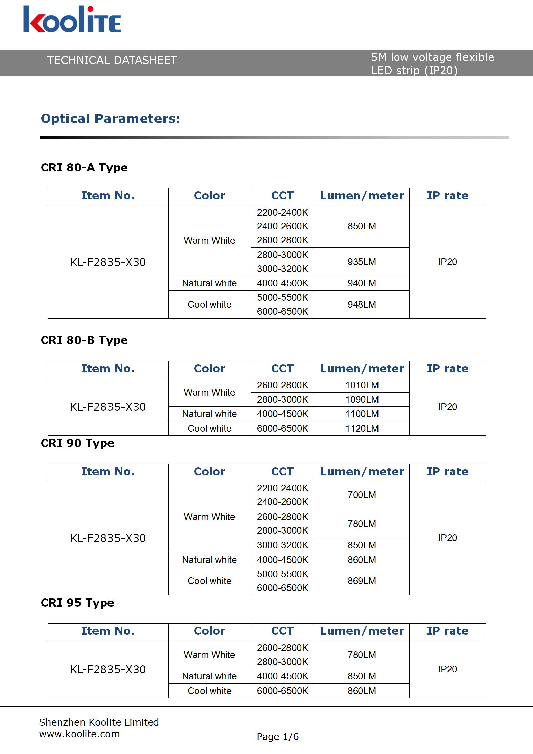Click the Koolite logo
[72, 19]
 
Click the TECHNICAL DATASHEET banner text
[112, 60]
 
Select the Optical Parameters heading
[110, 119]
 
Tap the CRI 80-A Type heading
[84, 167]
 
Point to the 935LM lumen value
[362, 262]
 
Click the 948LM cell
[362, 304]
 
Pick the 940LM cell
[362, 283]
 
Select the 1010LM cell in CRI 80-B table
[362, 385]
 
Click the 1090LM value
[362, 399]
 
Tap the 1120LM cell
[362, 428]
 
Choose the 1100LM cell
[362, 414]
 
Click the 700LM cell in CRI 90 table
[362, 495]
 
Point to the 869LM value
[362, 581]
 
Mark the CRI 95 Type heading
[77, 603]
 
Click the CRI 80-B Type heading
[84, 340]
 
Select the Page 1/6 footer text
[277, 737]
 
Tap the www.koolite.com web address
[79, 734]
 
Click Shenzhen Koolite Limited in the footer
[99, 722]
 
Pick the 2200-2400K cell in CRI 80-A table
[282, 212]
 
